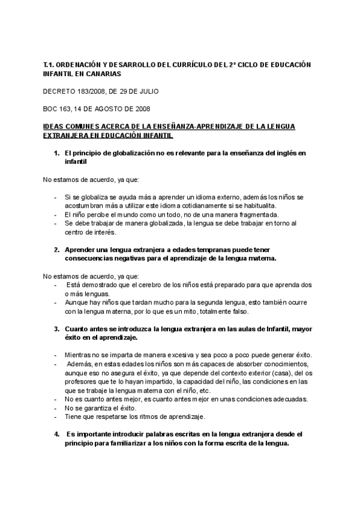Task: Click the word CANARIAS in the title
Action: (x=104, y=74)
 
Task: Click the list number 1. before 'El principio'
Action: (x=56, y=154)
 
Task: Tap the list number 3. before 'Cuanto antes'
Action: (x=56, y=329)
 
